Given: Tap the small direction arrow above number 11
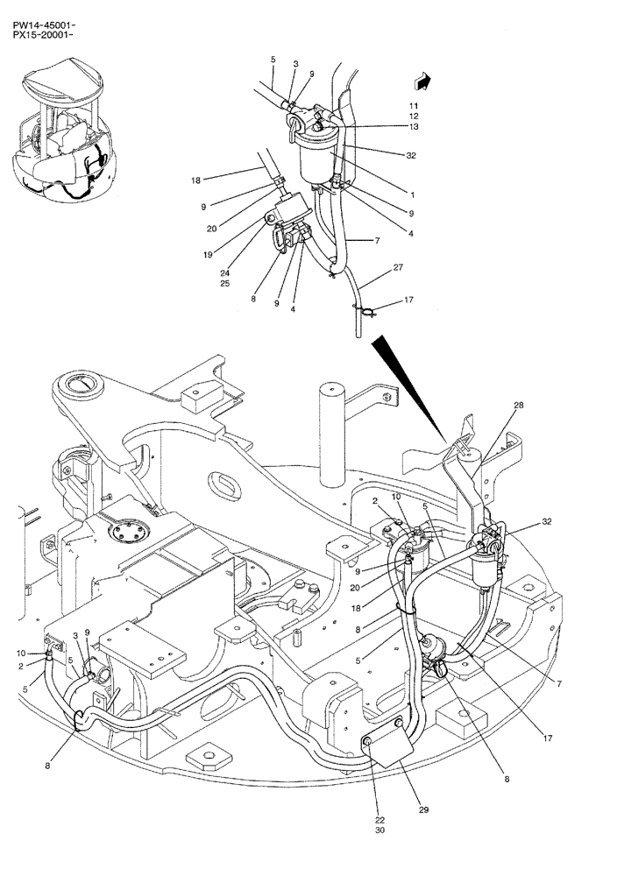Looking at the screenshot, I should coord(423,81).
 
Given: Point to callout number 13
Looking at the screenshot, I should coord(414,126).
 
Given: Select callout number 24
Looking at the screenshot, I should coord(225,272).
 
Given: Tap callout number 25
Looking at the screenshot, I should coord(225,284).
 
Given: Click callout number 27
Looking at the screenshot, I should coord(398,270).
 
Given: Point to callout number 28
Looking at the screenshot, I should coord(518,405).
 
